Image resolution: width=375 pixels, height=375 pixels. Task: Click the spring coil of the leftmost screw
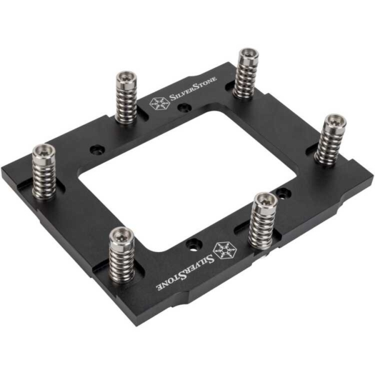[44, 175]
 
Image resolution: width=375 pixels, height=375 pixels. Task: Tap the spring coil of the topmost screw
[246, 78]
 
